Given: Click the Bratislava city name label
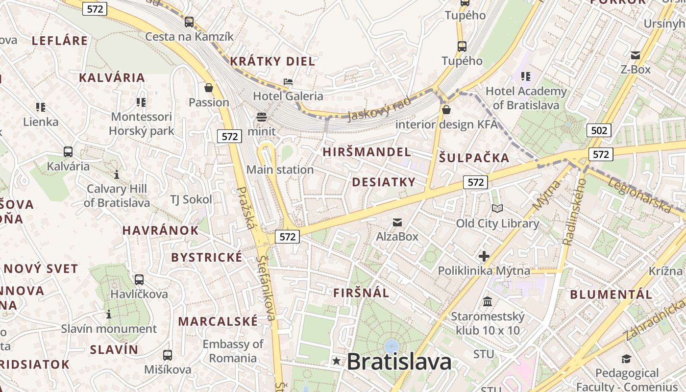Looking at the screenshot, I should (x=399, y=362).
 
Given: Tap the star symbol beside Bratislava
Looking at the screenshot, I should (x=336, y=362).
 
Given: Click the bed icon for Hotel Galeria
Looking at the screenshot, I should (x=288, y=81).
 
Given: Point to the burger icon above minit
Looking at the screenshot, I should (x=262, y=117).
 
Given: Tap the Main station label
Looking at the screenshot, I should (x=280, y=170).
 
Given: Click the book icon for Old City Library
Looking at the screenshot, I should (x=497, y=209).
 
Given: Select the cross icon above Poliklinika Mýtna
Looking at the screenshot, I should (x=484, y=256).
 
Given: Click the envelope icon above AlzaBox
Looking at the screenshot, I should (x=397, y=223).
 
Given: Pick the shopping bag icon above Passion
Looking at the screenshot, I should (x=209, y=88).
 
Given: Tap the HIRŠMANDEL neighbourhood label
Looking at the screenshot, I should (x=367, y=152).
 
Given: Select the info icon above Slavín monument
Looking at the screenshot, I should (x=109, y=314).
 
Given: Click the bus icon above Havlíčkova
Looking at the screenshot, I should (x=139, y=280).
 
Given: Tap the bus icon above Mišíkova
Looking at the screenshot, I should (x=168, y=355).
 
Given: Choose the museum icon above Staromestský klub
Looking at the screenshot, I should (x=488, y=302).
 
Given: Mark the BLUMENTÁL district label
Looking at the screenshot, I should (x=611, y=294).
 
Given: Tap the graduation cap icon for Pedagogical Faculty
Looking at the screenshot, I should (x=626, y=359).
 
